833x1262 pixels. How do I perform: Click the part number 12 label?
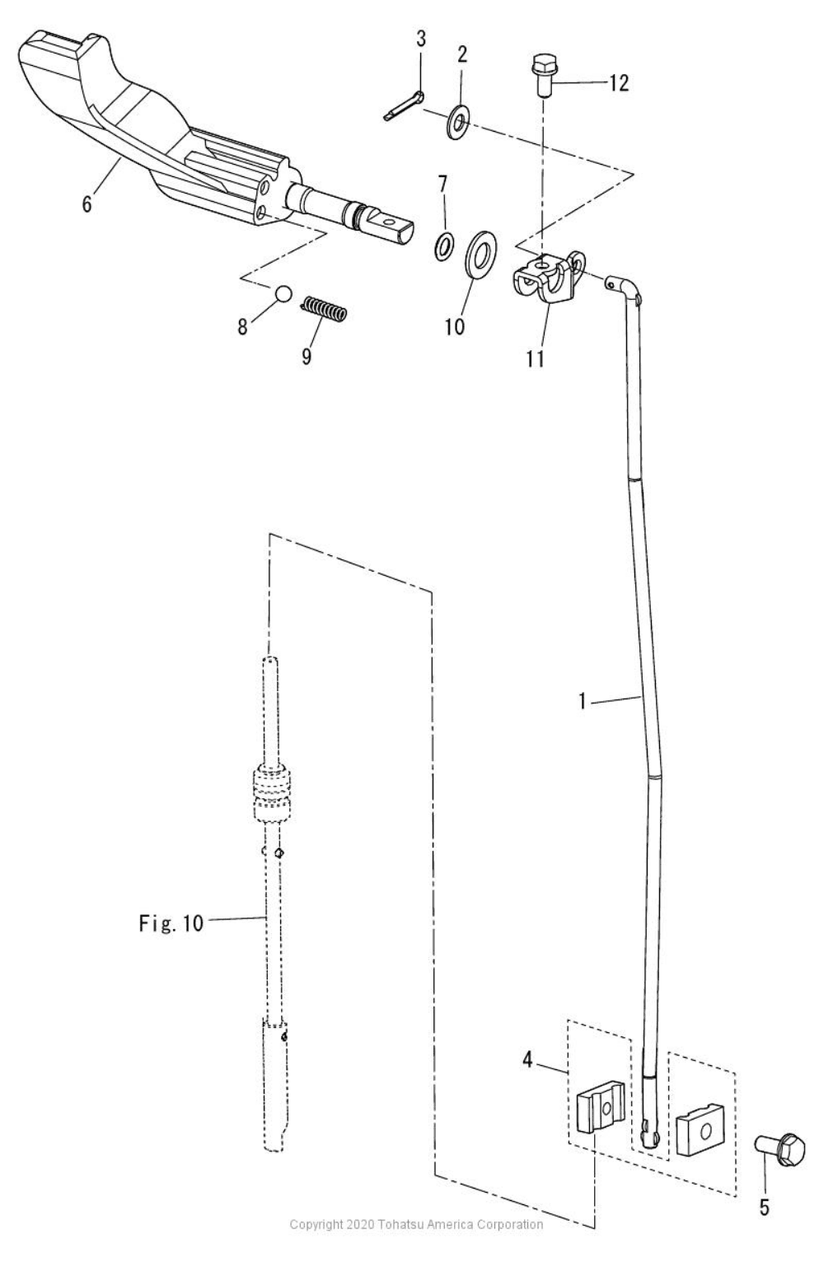coord(619,82)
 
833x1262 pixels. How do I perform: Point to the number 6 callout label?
coord(87,203)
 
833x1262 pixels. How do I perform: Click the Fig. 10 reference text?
coord(170,923)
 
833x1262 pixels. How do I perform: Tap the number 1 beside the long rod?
coord(583,703)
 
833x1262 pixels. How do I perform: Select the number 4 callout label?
coord(527,1059)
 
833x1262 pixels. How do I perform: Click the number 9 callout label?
coord(306,357)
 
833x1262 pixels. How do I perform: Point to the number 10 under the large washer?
coord(454,326)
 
